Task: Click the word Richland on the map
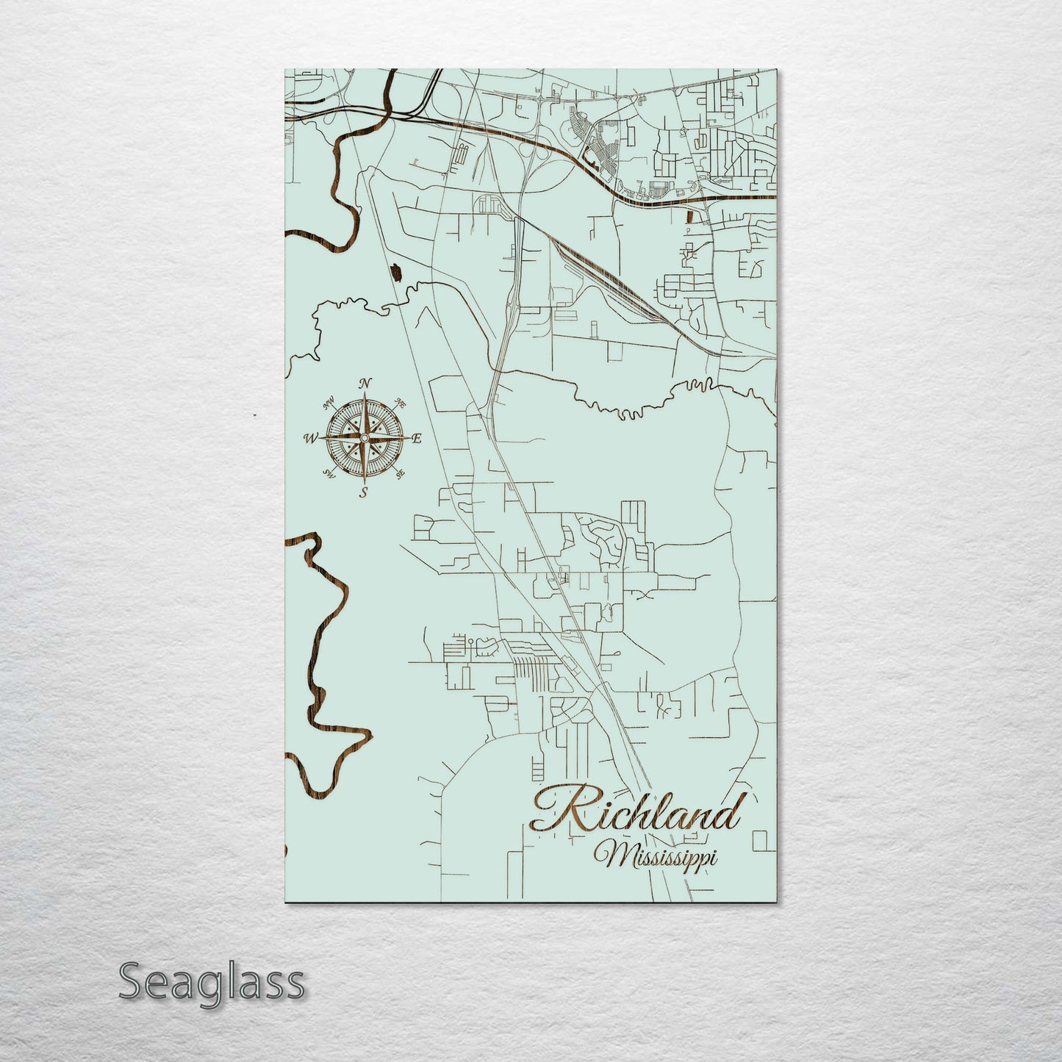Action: [636, 813]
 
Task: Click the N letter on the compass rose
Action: [365, 384]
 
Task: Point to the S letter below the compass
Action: [364, 493]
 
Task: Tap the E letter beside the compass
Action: [417, 439]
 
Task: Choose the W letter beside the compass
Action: [309, 439]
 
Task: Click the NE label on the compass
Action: [401, 402]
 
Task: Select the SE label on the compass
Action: [400, 476]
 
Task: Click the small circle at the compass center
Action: [363, 439]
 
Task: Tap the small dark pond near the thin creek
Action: [397, 273]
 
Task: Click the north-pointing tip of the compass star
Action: [363, 397]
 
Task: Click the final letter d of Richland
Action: [728, 814]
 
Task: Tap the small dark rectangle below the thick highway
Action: [689, 215]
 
